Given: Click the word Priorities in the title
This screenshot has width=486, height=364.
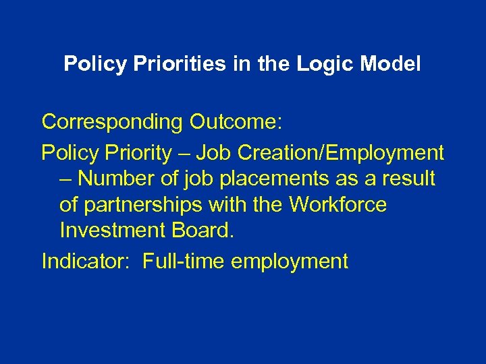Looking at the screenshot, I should tap(163, 65).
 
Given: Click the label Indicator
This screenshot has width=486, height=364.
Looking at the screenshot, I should tap(86, 261).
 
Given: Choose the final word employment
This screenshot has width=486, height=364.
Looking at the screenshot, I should tap(290, 261).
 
